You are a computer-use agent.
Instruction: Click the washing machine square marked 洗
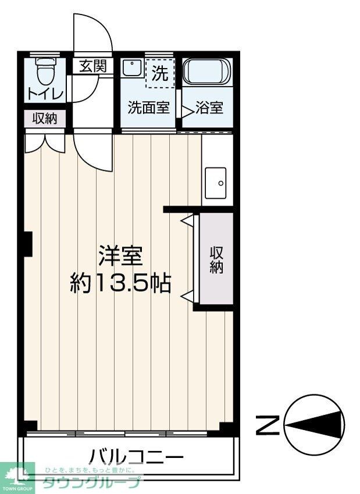click(159, 74)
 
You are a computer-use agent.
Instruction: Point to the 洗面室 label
click(149, 108)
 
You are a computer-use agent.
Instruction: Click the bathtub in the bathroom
click(207, 73)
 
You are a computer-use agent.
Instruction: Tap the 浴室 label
click(209, 108)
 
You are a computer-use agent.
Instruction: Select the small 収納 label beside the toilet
click(45, 119)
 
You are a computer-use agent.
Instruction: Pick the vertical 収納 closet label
click(216, 260)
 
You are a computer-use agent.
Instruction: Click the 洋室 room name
click(121, 256)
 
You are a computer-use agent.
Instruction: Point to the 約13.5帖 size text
click(120, 283)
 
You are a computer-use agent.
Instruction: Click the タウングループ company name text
click(91, 482)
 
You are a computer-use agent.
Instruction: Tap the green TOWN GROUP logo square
click(17, 477)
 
